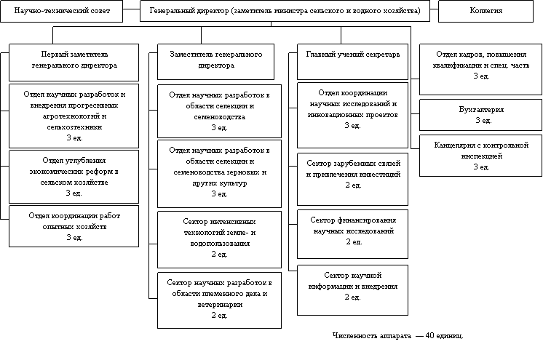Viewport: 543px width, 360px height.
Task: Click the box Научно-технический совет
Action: point(64,12)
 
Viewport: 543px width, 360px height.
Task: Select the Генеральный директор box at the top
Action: point(284,12)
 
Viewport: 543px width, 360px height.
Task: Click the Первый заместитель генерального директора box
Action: point(74,61)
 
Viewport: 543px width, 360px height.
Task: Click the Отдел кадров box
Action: point(481,69)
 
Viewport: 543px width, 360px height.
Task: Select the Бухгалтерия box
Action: point(481,115)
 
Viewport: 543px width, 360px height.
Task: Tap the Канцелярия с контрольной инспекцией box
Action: point(481,156)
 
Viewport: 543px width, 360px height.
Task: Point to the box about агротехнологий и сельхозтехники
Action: point(74,116)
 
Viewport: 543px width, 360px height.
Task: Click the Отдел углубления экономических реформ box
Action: point(74,176)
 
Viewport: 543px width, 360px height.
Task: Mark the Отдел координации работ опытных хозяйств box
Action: point(74,225)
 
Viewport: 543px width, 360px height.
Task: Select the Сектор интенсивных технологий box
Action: point(219,239)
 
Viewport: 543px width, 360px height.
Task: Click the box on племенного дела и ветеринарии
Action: point(219,298)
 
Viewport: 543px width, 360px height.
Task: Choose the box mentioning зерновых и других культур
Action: point(219,172)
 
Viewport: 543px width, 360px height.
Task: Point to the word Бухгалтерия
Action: point(481,110)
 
